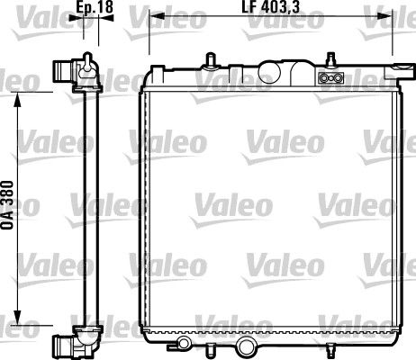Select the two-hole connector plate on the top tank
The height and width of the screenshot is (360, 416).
[x=330, y=78]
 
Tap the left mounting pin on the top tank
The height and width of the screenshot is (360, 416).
[x=210, y=60]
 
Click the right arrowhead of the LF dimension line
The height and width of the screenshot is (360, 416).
[x=395, y=17]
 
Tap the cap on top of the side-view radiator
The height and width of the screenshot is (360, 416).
[x=86, y=59]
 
